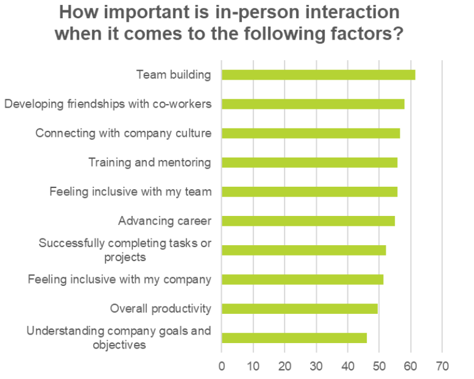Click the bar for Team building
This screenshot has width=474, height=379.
tap(318, 75)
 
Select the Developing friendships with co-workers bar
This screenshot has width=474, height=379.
tap(313, 104)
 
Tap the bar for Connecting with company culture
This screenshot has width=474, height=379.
tap(311, 133)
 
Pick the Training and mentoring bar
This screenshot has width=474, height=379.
tap(310, 162)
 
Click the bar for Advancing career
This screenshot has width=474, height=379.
tap(308, 221)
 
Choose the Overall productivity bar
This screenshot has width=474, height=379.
tap(300, 308)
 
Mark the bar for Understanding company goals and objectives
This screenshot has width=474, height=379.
tap(294, 338)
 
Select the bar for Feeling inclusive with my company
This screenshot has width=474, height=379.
tap(302, 279)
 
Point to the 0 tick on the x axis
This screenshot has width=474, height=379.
tap(222, 366)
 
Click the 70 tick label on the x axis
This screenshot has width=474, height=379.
tap(442, 366)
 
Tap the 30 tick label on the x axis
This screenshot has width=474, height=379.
tap(316, 366)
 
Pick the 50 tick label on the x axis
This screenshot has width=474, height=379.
tap(379, 366)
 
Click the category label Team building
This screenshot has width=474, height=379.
tap(174, 75)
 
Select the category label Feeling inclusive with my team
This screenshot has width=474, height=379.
tap(130, 192)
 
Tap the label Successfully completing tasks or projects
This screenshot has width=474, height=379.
tap(125, 250)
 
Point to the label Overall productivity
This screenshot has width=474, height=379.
tap(161, 308)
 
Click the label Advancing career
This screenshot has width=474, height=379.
tap(165, 221)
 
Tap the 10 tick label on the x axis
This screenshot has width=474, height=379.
tap(253, 366)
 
